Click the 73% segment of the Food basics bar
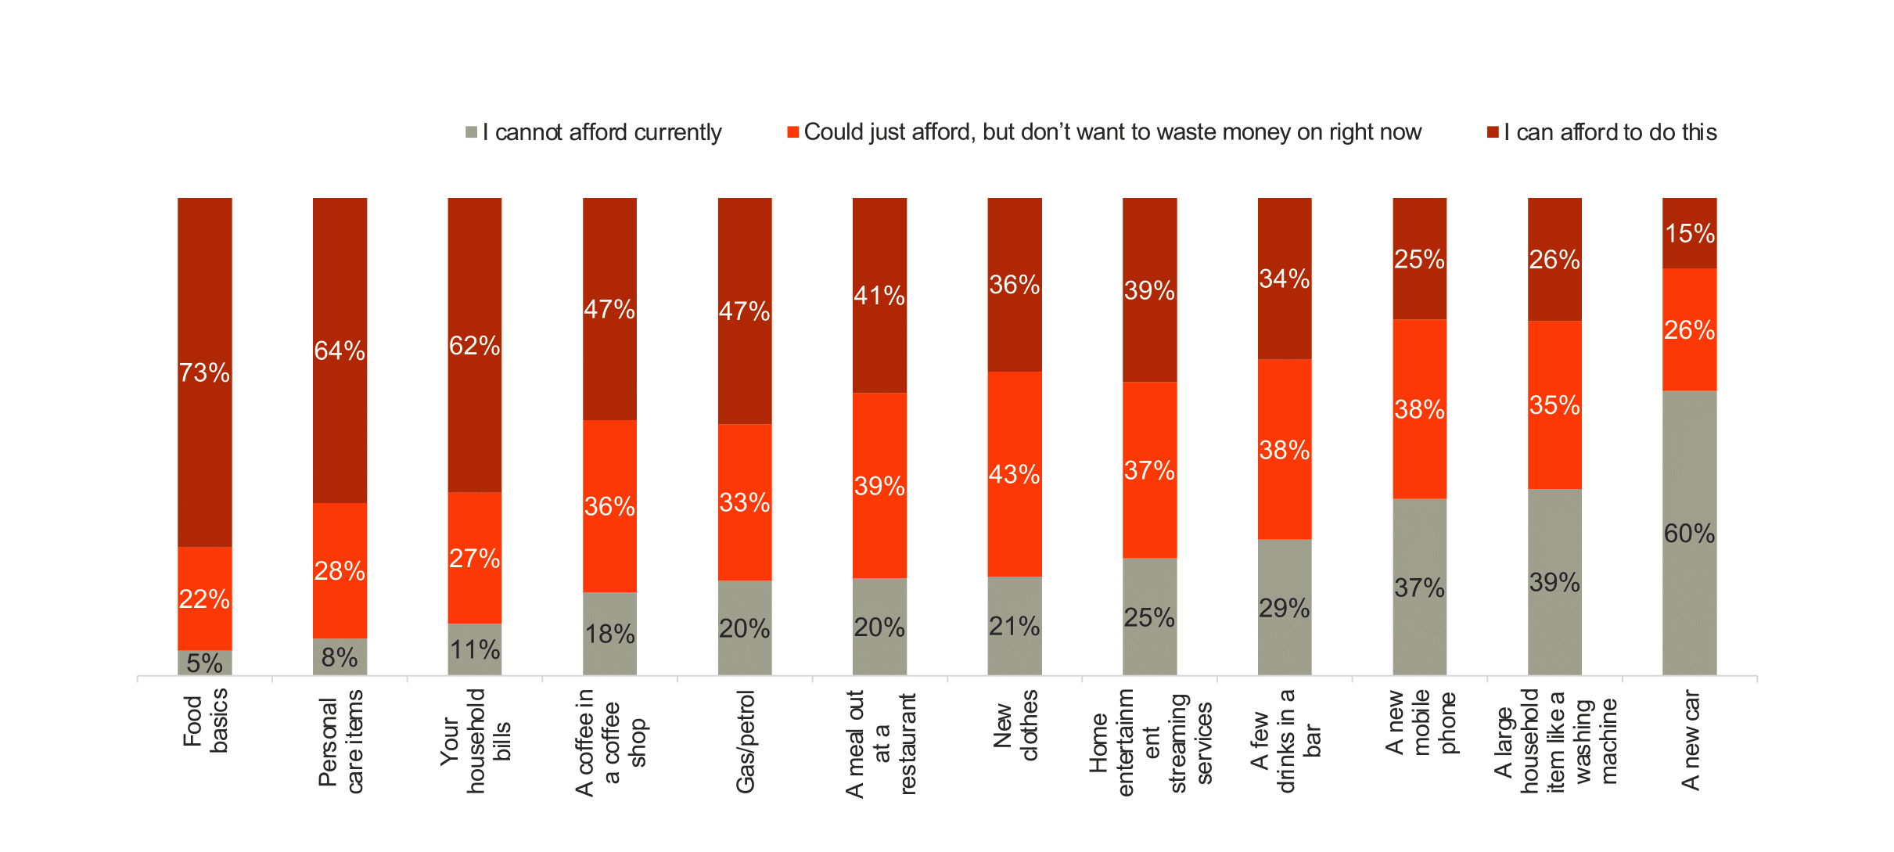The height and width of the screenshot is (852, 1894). pyautogui.click(x=204, y=372)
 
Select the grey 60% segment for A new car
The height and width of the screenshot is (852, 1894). pyautogui.click(x=1689, y=533)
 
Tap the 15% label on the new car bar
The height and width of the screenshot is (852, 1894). pyautogui.click(x=1690, y=233)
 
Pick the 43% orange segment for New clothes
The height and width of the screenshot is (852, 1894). pyautogui.click(x=1014, y=474)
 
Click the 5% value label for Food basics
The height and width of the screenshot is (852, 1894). pyautogui.click(x=204, y=663)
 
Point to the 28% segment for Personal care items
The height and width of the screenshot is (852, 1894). pyautogui.click(x=340, y=570)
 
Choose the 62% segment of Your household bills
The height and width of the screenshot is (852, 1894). pyautogui.click(x=474, y=345)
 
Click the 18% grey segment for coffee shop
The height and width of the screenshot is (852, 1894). pyautogui.click(x=609, y=633)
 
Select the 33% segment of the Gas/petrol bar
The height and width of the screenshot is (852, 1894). pyautogui.click(x=744, y=502)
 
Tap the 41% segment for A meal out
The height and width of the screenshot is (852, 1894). pyautogui.click(x=879, y=295)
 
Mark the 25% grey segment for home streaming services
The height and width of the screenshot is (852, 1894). pyautogui.click(x=1149, y=617)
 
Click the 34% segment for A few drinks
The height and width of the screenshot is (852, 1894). pyautogui.click(x=1284, y=279)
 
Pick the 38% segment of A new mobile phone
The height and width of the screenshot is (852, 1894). pyautogui.click(x=1419, y=408)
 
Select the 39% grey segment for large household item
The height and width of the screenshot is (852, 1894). pyautogui.click(x=1554, y=582)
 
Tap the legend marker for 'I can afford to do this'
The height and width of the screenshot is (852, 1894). pyautogui.click(x=1493, y=132)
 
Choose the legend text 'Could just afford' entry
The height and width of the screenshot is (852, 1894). pyautogui.click(x=1112, y=132)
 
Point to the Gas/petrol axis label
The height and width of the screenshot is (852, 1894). pyautogui.click(x=746, y=741)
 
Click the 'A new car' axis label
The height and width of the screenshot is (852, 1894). pyautogui.click(x=1691, y=739)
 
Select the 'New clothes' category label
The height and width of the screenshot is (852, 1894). pyautogui.click(x=1015, y=725)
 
